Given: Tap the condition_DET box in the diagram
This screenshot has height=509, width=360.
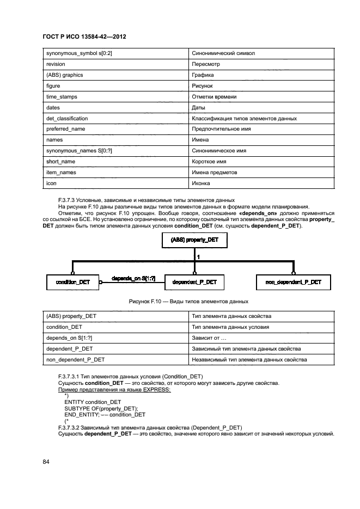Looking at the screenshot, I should (72, 282).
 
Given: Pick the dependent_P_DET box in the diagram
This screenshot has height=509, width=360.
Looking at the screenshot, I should (194, 282).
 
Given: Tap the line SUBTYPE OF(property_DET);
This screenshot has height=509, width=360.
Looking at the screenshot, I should (102, 408).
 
